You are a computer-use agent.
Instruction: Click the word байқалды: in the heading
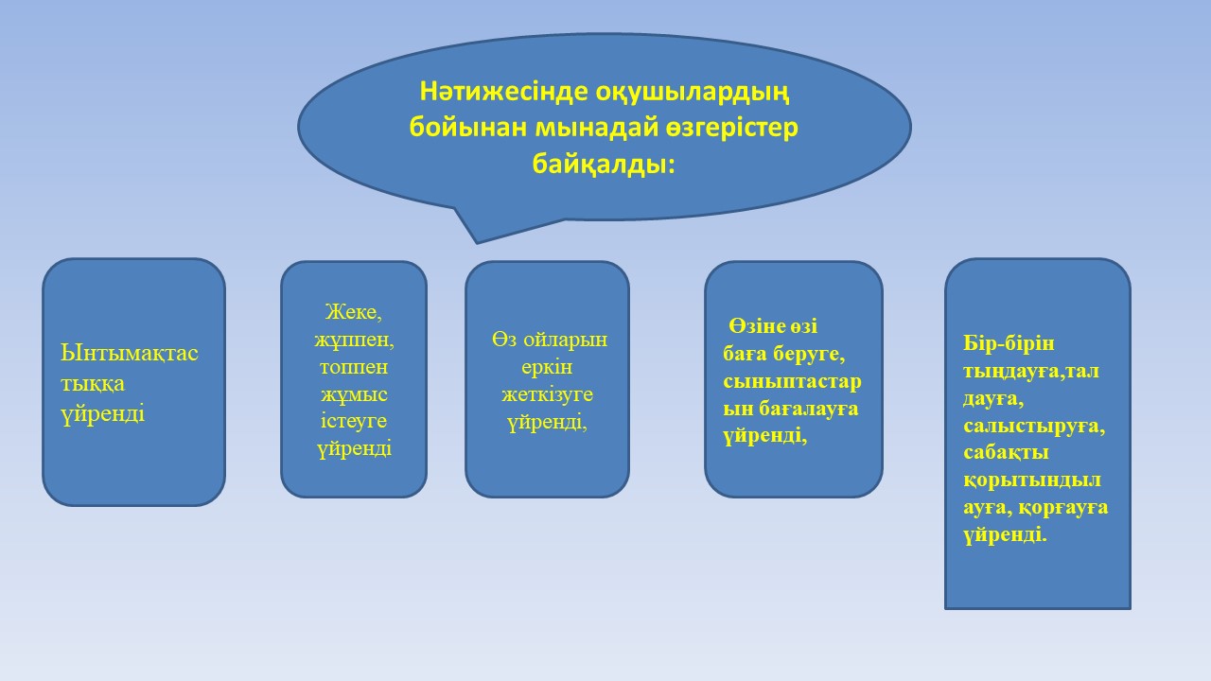604,164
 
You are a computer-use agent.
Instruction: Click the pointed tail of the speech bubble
477,242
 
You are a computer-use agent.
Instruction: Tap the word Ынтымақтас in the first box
130,354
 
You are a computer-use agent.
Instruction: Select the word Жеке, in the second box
354,312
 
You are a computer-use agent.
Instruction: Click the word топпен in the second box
354,368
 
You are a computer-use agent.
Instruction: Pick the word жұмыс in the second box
354,394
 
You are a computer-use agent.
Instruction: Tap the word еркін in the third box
547,368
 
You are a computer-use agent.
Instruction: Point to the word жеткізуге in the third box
547,395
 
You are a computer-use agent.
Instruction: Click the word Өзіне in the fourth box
756,326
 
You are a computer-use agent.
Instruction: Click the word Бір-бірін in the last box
1009,344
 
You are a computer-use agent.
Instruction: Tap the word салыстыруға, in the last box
1034,427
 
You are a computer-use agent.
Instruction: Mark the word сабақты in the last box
1006,452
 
